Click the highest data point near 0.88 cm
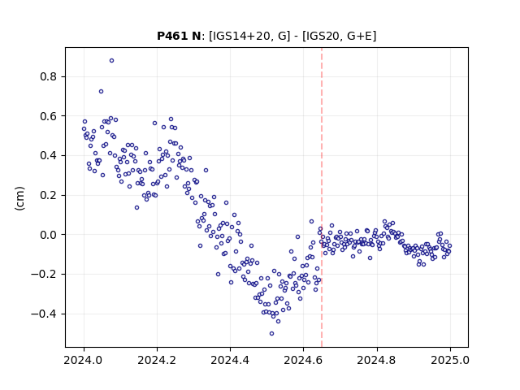(112, 61)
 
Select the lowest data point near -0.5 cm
(271, 334)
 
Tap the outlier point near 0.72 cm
(101, 92)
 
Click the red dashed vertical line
(322, 197)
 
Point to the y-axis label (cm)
(19, 198)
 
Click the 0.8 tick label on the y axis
(49, 77)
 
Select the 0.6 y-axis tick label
(49, 116)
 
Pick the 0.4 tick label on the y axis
(49, 156)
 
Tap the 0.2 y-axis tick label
(49, 195)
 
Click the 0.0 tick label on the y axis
(49, 235)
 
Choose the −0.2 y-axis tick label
(44, 275)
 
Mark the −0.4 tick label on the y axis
(44, 314)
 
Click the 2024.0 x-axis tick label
(83, 360)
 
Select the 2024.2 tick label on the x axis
(157, 360)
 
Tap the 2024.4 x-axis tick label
(230, 360)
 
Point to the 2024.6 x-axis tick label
(303, 360)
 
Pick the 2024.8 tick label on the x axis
(377, 360)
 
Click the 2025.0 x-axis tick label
(450, 360)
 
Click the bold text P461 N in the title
(179, 36)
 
